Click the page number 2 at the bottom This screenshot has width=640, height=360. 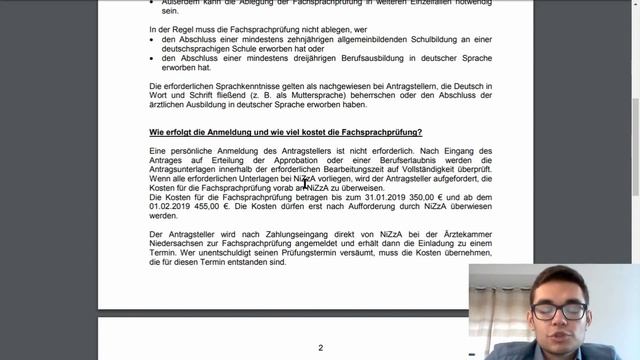(x=320, y=347)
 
